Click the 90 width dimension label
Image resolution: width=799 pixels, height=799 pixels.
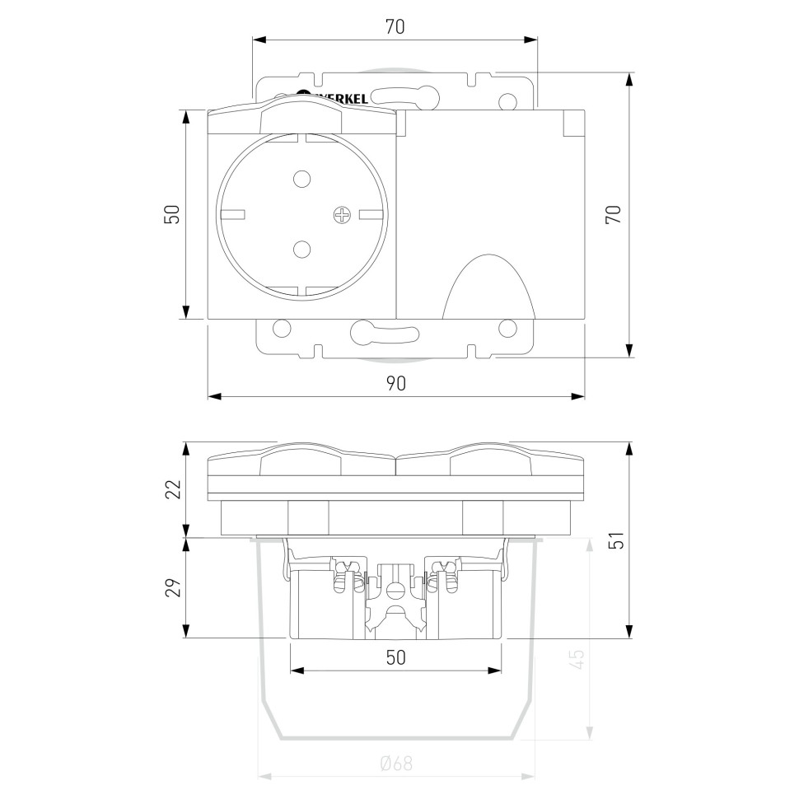click(395, 383)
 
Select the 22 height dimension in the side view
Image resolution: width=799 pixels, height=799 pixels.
click(174, 489)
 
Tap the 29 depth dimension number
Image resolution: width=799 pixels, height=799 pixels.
click(174, 587)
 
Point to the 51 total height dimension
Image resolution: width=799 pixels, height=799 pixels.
click(617, 540)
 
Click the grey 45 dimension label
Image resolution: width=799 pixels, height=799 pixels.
click(577, 659)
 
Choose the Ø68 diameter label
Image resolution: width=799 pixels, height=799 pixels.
click(396, 763)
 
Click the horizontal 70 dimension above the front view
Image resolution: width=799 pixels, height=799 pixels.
click(395, 27)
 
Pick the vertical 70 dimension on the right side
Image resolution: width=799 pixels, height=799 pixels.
click(613, 214)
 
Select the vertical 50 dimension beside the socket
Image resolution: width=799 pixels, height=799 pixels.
click(172, 214)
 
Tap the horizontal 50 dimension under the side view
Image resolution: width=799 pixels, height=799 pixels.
click(395, 657)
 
